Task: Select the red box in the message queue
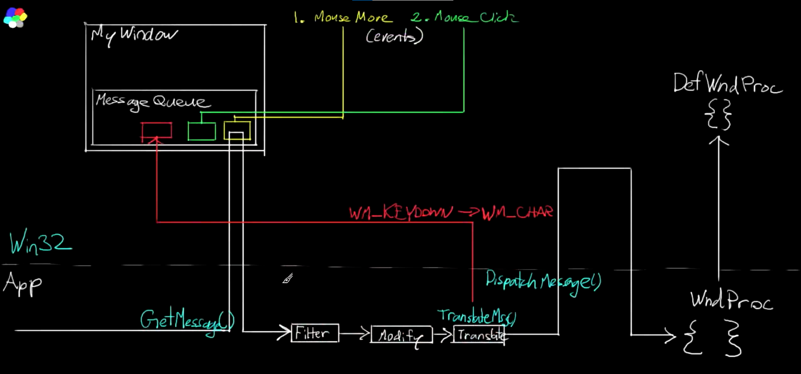[156, 130]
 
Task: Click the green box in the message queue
[202, 131]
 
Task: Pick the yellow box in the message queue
[237, 130]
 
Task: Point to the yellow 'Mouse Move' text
[353, 18]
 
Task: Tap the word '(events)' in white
[394, 36]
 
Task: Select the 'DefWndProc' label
[727, 83]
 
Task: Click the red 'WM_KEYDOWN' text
[400, 213]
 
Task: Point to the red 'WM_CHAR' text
[517, 213]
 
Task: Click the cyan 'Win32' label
[40, 242]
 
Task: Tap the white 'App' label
[23, 284]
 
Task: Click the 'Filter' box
[315, 333]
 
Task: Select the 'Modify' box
[401, 335]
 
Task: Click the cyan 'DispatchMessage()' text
[543, 281]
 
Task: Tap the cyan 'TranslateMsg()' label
[477, 316]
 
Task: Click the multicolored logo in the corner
[15, 18]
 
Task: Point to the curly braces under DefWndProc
[719, 114]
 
